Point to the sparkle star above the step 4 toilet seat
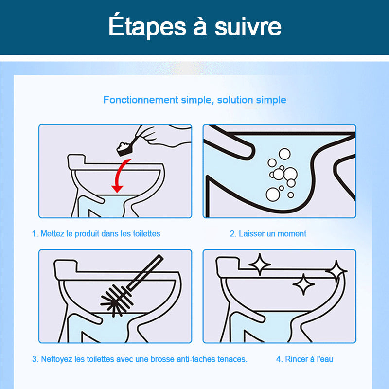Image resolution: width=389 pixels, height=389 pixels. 259,265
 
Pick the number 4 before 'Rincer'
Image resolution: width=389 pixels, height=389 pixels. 279,359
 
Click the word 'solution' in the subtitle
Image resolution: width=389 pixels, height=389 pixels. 235,100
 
